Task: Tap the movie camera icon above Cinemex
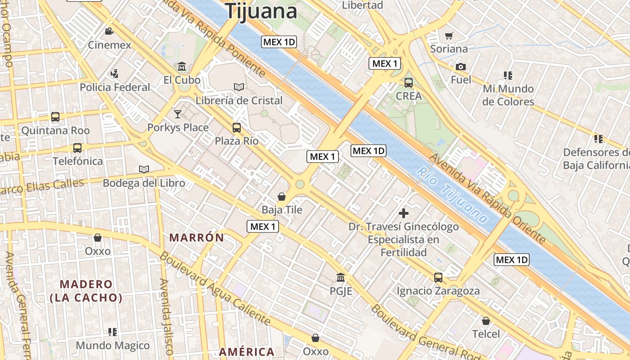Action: [x=109, y=31]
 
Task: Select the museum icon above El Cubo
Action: [x=182, y=66]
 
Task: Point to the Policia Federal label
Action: [x=115, y=87]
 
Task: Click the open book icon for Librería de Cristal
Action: [x=239, y=87]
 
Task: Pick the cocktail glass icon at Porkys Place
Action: [x=178, y=114]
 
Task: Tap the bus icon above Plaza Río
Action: [x=237, y=127]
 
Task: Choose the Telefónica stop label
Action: [x=77, y=161]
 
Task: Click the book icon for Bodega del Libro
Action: [x=144, y=169]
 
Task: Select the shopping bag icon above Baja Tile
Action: [x=282, y=197]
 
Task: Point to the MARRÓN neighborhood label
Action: [x=196, y=238]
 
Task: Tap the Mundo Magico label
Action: [x=112, y=346]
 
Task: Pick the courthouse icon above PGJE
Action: [x=341, y=277]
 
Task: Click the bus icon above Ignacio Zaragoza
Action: [x=438, y=277]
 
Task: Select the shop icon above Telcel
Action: [x=486, y=321]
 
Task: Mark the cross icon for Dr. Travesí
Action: [x=404, y=213]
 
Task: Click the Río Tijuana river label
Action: [x=452, y=195]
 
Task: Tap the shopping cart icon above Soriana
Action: [x=449, y=36]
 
